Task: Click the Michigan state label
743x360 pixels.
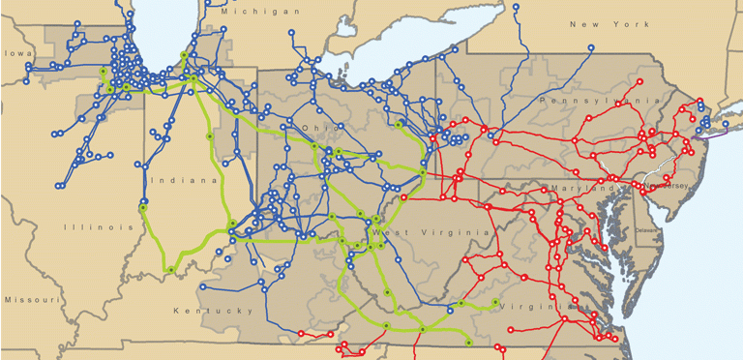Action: point(260,12)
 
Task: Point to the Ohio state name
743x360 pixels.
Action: point(316,127)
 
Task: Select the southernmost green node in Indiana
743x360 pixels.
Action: point(170,269)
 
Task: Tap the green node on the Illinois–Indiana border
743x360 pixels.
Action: point(142,206)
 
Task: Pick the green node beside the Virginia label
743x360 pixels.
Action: point(496,302)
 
